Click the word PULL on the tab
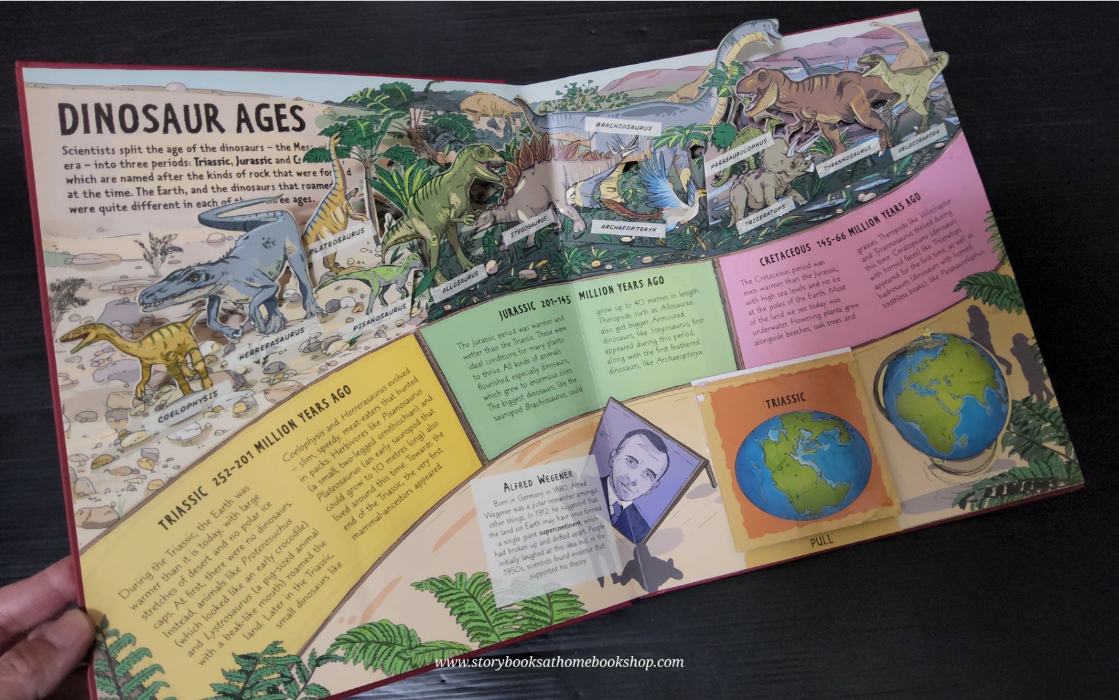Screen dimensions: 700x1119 coord(821,539)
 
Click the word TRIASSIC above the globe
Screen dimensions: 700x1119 coord(785,401)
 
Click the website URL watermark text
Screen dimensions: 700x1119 coord(559,662)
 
